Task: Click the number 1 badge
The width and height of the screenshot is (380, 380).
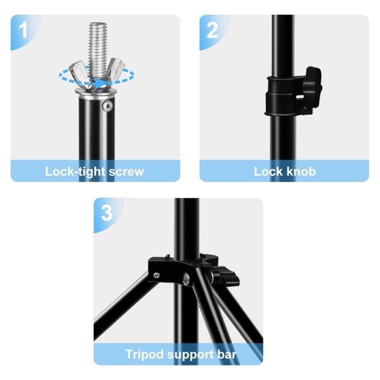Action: (24, 30)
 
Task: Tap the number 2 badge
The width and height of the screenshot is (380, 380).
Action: (212, 30)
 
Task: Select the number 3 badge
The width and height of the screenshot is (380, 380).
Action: (107, 213)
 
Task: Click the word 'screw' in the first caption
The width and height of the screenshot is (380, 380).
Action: (126, 172)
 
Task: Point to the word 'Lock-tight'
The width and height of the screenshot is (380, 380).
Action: (75, 172)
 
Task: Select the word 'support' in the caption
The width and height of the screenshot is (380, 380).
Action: (191, 355)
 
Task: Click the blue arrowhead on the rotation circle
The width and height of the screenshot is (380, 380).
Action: (100, 84)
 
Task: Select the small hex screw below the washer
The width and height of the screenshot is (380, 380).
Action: (107, 106)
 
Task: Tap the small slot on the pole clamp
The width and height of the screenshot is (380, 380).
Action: (300, 97)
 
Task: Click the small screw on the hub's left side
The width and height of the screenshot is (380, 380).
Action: (157, 275)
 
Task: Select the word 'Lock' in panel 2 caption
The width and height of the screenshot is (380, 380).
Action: (268, 171)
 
